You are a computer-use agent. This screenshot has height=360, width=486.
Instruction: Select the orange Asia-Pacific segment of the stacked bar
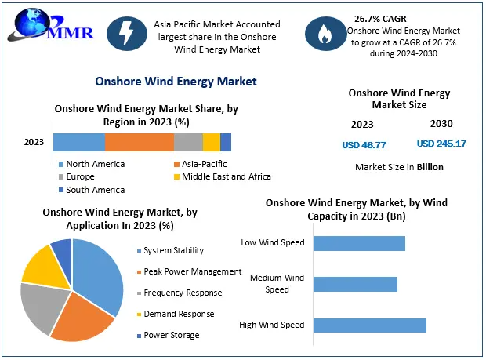(139, 142)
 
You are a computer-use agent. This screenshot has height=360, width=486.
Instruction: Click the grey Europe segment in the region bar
(188, 142)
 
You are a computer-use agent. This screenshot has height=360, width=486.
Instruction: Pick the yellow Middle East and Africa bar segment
(211, 142)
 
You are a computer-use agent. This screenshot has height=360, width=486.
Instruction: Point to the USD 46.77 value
(364, 144)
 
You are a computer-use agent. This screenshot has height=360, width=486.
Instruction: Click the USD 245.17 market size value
(441, 144)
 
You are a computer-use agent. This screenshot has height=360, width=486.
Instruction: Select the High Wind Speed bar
(369, 325)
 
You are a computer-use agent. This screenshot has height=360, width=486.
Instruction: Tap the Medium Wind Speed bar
(355, 284)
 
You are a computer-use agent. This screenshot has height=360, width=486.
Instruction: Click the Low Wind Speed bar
(359, 243)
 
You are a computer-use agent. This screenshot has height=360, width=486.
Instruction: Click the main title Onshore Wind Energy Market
(176, 81)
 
